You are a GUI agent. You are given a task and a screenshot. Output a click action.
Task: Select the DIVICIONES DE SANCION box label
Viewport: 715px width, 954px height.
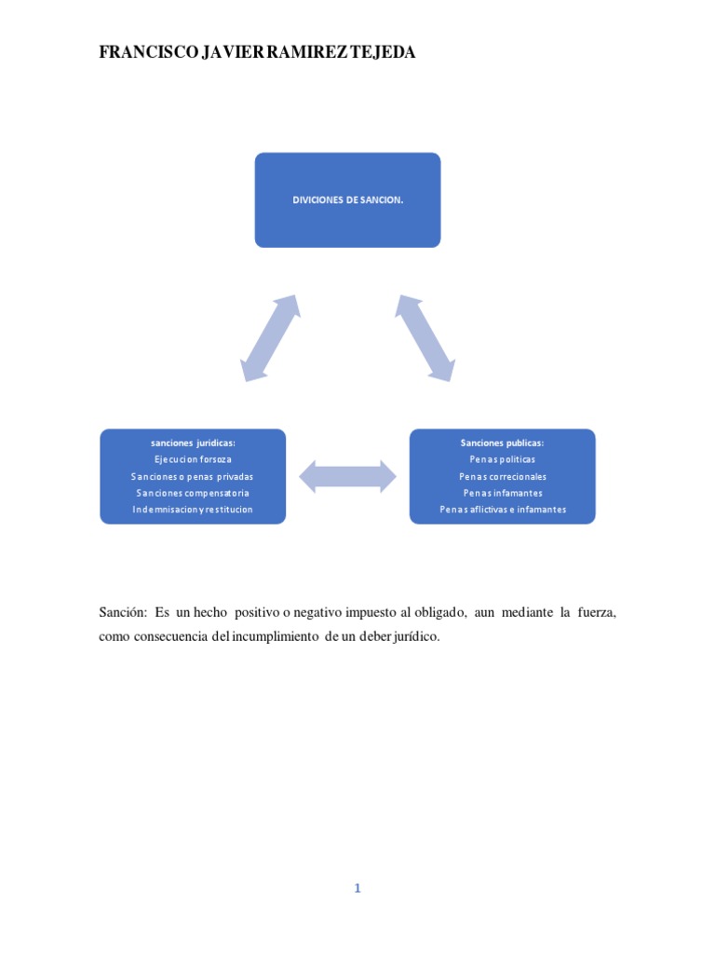pyautogui.click(x=347, y=199)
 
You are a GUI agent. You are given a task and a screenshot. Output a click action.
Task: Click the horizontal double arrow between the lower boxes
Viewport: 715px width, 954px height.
pyautogui.click(x=347, y=476)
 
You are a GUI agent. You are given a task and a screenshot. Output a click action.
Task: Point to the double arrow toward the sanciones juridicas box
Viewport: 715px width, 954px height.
pyautogui.click(x=270, y=338)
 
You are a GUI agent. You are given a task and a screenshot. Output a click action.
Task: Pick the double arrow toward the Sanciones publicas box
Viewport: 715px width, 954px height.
pyautogui.click(x=425, y=338)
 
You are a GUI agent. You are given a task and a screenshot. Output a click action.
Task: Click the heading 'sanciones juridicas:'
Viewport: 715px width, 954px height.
pyautogui.click(x=193, y=443)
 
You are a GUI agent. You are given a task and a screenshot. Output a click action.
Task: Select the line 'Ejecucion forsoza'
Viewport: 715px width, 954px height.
pyautogui.click(x=193, y=459)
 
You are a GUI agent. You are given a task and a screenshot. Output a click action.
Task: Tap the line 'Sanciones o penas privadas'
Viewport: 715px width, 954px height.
pyautogui.click(x=193, y=476)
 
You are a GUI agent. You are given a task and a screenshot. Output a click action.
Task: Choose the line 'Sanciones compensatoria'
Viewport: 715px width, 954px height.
pyautogui.click(x=193, y=493)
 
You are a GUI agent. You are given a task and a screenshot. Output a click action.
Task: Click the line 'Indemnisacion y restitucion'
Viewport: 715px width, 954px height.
pyautogui.click(x=193, y=510)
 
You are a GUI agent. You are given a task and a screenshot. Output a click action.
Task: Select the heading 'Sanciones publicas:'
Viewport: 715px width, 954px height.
pyautogui.click(x=502, y=443)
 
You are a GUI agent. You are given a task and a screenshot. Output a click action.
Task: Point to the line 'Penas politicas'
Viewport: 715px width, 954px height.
pyautogui.click(x=502, y=459)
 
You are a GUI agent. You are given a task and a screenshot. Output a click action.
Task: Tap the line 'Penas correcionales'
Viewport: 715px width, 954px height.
pyautogui.click(x=502, y=476)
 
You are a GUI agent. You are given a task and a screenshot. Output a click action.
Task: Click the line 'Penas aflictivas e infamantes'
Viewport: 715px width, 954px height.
pyautogui.click(x=502, y=510)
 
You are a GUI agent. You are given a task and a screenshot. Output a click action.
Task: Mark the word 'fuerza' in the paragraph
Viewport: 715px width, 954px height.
pyautogui.click(x=593, y=612)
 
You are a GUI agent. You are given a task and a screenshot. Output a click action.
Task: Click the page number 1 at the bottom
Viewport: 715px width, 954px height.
pyautogui.click(x=357, y=889)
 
